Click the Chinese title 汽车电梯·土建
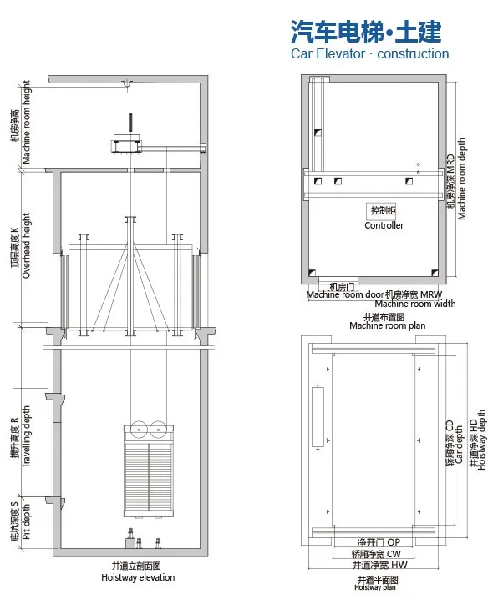coord(365,33)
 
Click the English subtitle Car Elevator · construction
coord(369,54)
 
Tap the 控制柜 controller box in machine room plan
coord(384,210)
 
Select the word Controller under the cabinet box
coord(384,225)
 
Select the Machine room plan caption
coord(384,321)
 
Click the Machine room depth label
coord(457,179)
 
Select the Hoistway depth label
coord(478,440)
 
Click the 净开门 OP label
coord(378,542)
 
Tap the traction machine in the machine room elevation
coord(130,143)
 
